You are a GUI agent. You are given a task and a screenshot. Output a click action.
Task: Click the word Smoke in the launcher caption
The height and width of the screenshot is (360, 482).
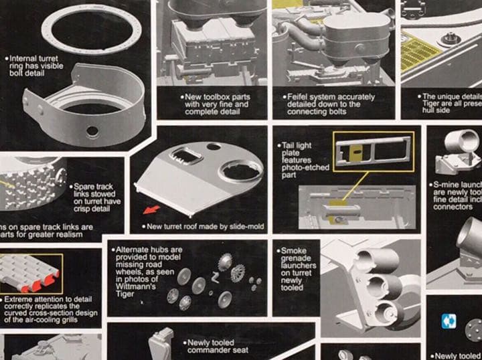tap(294, 250)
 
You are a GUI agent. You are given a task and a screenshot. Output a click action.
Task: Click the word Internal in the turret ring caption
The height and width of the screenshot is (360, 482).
tap(24, 59)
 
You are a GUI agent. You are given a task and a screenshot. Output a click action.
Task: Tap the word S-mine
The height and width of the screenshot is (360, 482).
tap(447, 183)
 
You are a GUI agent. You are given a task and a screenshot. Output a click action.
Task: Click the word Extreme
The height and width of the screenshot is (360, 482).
tap(20, 299)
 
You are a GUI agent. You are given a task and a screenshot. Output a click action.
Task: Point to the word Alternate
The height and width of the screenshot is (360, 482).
tap(133, 250)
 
